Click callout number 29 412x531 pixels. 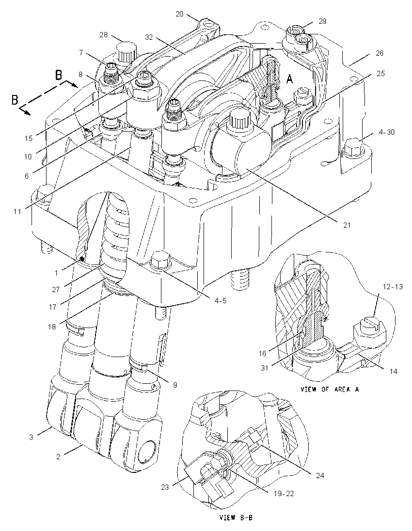[x=322, y=21]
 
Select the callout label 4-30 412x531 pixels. [x=387, y=132]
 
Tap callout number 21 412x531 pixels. [x=347, y=224]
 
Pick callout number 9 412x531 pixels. [x=175, y=385]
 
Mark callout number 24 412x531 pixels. [x=320, y=475]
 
